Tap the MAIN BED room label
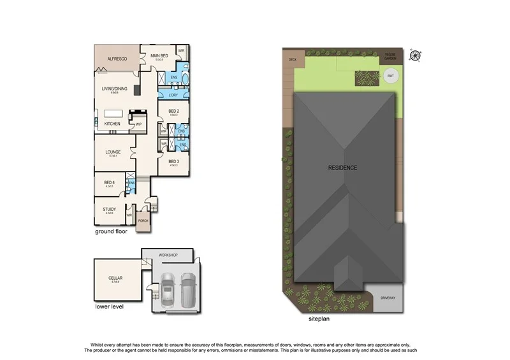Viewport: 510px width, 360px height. point(159,56)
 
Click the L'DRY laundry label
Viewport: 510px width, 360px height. point(173,95)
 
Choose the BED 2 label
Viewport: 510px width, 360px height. point(173,112)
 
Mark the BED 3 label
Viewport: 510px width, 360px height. point(173,161)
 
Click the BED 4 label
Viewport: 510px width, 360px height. point(109,182)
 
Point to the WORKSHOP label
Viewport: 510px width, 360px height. point(173,256)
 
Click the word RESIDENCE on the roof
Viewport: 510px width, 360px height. point(342,168)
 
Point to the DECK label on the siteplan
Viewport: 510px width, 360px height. point(293,60)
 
